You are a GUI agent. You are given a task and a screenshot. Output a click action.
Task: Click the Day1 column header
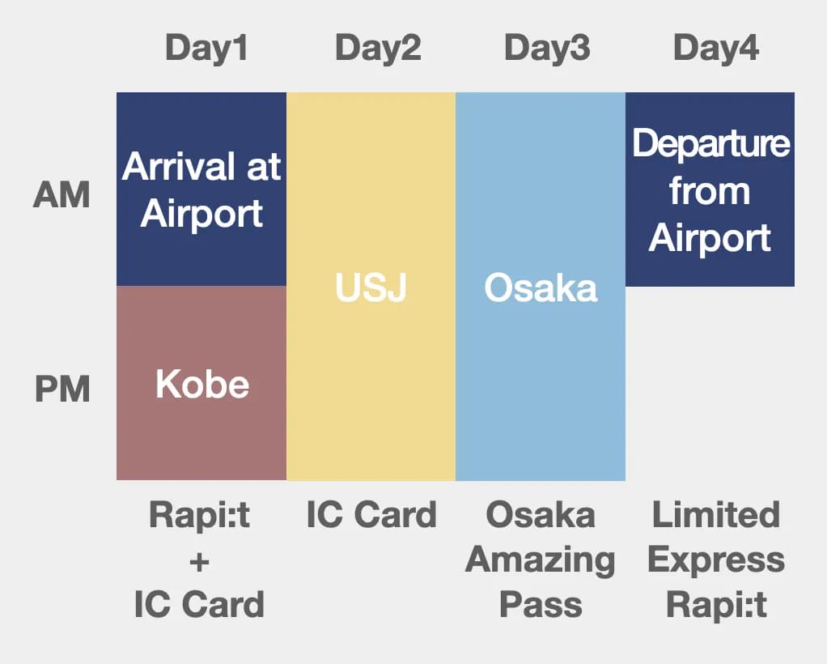click(x=206, y=49)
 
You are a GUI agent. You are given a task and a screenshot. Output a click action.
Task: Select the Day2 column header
click(x=378, y=49)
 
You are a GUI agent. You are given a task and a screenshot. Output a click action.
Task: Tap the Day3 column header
click(x=547, y=49)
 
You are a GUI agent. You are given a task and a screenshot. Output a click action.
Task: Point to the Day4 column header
click(x=716, y=49)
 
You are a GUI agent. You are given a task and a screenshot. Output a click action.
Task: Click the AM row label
click(x=61, y=196)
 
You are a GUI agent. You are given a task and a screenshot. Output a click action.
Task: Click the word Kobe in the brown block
click(x=202, y=385)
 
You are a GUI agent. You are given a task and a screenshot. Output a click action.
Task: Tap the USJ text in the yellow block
click(x=371, y=288)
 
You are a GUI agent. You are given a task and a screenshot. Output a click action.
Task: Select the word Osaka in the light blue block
click(x=541, y=288)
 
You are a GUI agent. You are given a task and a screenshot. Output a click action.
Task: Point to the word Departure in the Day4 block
click(x=710, y=143)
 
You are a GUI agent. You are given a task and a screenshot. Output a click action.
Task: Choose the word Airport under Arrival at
click(x=201, y=214)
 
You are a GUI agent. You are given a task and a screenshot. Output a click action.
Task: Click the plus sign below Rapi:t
click(x=199, y=560)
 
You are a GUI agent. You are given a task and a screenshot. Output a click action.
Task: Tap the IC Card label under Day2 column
click(x=371, y=516)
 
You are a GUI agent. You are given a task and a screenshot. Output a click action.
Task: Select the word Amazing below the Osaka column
click(x=541, y=560)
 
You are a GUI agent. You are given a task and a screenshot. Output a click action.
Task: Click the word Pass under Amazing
click(x=541, y=605)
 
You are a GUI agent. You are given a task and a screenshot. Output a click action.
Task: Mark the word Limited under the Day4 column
click(x=716, y=516)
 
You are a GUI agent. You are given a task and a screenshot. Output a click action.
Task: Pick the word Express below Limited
click(x=716, y=560)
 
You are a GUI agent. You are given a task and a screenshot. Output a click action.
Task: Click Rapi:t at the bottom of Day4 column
click(x=716, y=605)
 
